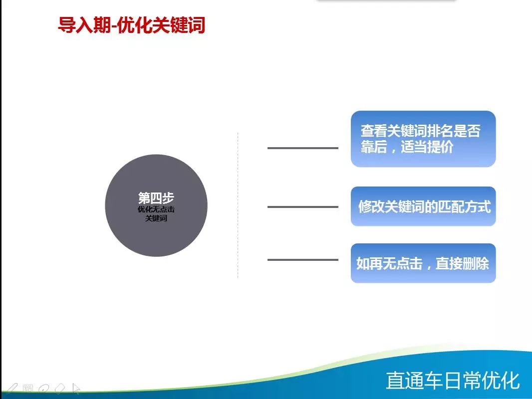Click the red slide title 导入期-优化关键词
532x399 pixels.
point(131,25)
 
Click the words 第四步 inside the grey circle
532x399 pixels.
point(156,198)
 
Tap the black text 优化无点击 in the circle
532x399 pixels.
point(156,209)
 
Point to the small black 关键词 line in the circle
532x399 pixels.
point(156,218)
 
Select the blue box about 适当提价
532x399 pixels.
point(423,139)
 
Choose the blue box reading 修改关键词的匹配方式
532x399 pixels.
point(423,206)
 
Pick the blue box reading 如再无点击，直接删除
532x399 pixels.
point(423,263)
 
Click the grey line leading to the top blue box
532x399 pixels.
point(302,148)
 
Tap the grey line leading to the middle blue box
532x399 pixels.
point(302,207)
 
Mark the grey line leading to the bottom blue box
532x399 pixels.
point(302,260)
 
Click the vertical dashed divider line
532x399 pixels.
point(238,205)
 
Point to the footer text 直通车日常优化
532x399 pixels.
point(453,381)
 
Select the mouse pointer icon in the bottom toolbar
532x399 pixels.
point(76,389)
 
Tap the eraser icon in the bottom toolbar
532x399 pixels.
point(60,389)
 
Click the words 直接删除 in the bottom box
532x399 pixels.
point(462,263)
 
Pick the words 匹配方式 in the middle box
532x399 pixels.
point(464,206)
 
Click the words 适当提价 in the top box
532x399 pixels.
point(427,147)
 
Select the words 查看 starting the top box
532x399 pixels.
point(374,131)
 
